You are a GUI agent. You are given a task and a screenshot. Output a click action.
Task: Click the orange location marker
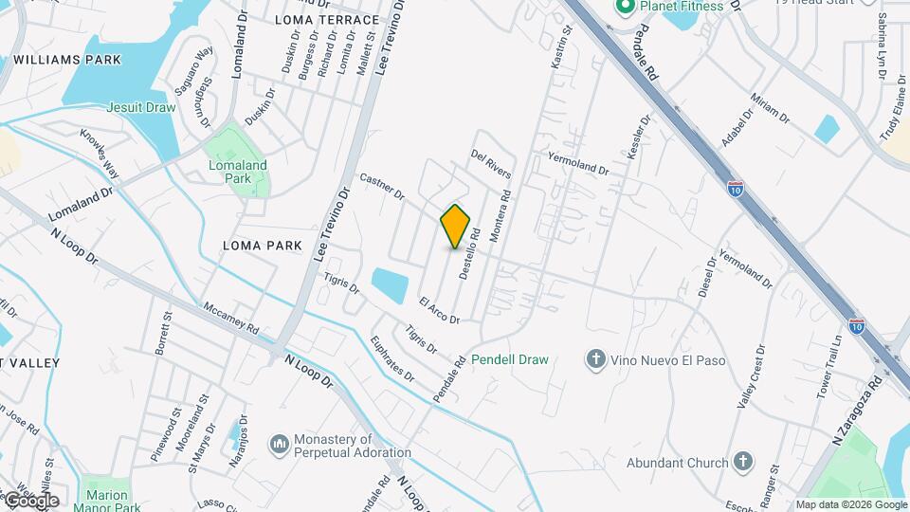(456, 226)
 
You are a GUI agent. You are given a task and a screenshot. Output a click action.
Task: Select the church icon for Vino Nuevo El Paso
(595, 358)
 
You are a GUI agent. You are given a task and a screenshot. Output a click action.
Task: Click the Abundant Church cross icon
(744, 462)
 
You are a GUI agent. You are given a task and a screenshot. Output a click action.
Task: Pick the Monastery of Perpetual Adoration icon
(279, 444)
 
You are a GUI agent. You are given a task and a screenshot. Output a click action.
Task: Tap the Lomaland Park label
(238, 171)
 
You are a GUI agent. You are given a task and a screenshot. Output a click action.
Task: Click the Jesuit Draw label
(141, 107)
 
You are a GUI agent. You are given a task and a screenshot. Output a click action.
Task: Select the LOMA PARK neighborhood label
(262, 246)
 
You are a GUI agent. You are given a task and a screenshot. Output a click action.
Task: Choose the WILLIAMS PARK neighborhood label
(67, 60)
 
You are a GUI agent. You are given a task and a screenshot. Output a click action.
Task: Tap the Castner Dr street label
(382, 186)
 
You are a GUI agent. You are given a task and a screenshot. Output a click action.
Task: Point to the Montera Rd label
(500, 217)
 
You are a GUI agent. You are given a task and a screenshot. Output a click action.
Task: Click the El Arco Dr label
(439, 311)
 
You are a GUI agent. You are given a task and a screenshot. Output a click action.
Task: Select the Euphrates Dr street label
(392, 358)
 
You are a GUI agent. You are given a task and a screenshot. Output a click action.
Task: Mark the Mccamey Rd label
(231, 320)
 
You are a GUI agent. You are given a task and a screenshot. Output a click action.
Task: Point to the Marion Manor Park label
(107, 502)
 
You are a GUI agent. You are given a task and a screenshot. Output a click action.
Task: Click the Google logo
(30, 500)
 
